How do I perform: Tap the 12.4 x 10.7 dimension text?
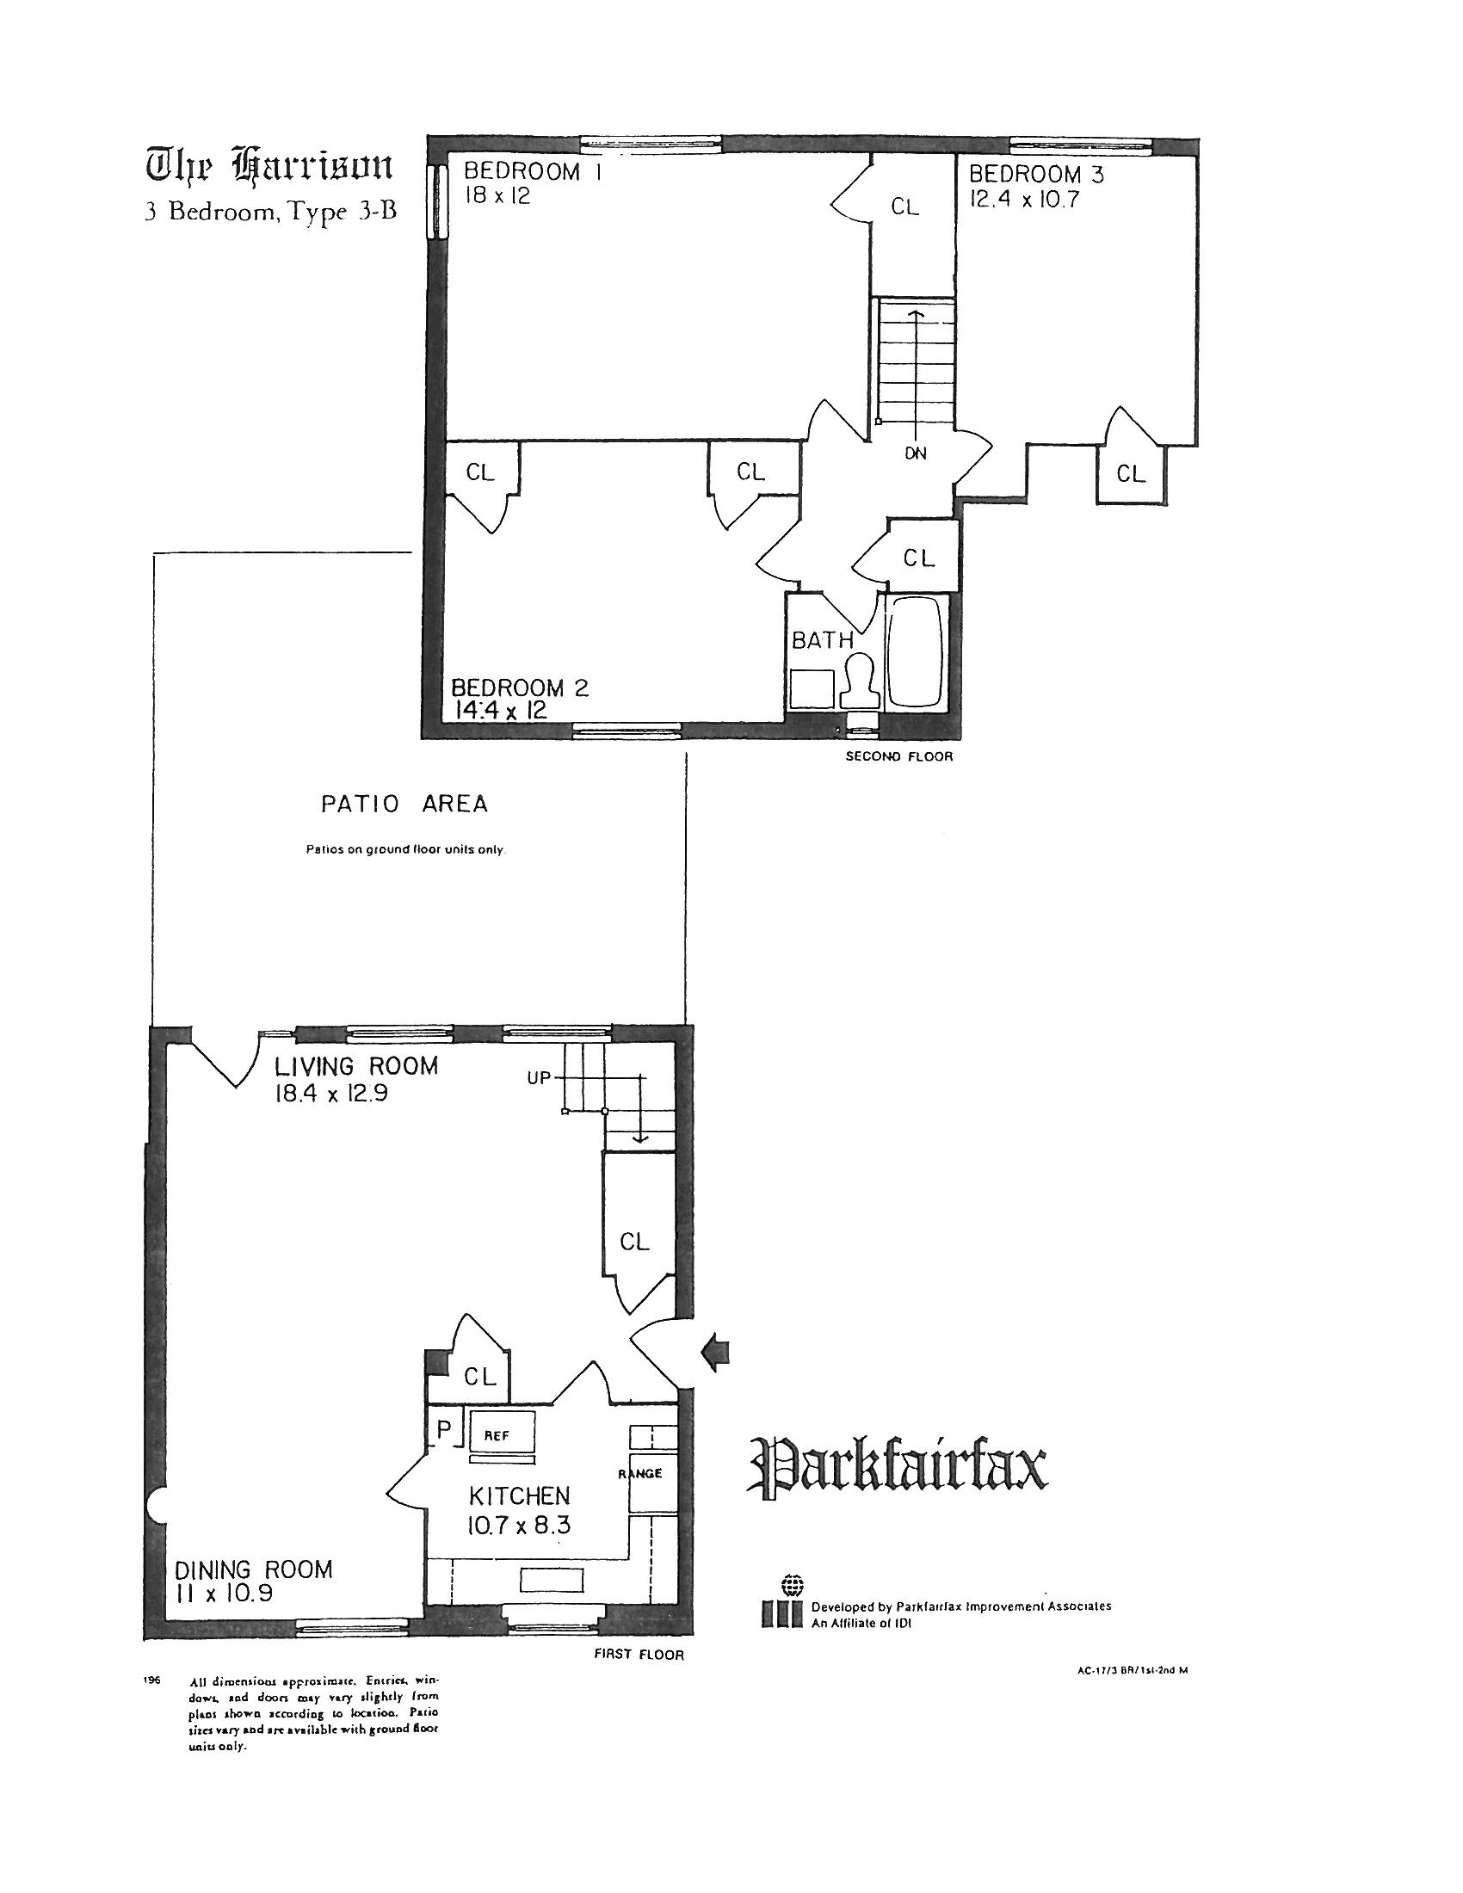click(1023, 200)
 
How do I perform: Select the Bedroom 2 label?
click(519, 688)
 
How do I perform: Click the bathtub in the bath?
click(917, 651)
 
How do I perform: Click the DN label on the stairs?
click(916, 453)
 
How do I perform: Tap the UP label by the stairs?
click(539, 1079)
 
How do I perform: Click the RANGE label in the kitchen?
click(640, 1473)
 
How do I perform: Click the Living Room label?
click(356, 1066)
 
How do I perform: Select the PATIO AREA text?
click(404, 805)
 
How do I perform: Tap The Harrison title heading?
click(269, 165)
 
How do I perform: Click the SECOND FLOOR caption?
click(898, 756)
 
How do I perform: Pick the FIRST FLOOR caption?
click(639, 1655)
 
